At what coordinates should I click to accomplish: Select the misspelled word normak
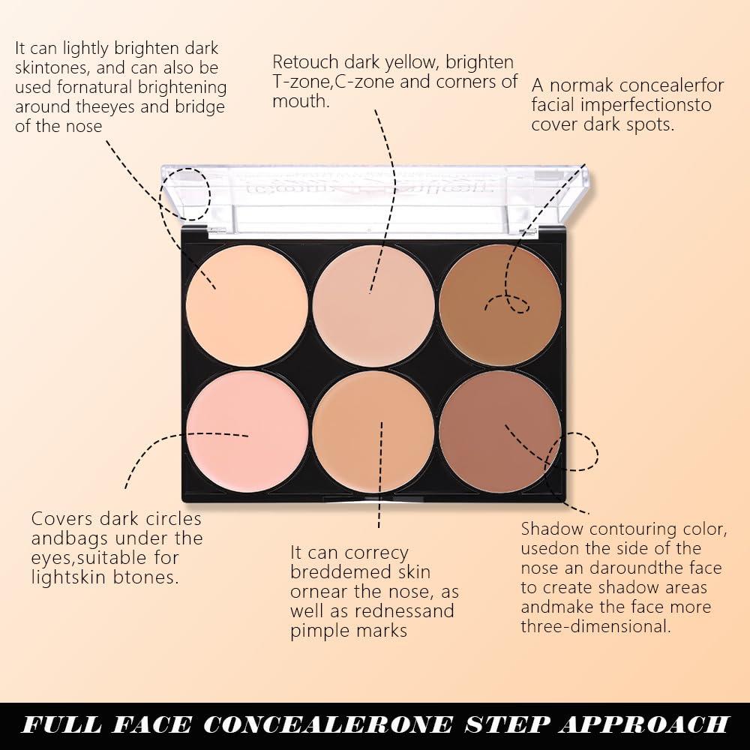click(584, 85)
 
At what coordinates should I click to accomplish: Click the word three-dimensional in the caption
click(595, 626)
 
